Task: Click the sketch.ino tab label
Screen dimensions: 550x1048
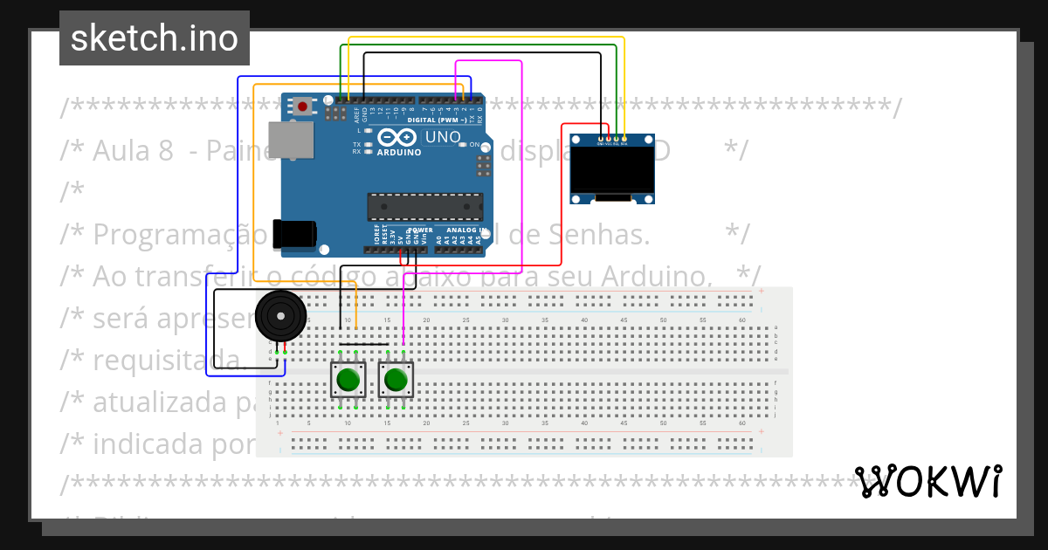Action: tap(155, 38)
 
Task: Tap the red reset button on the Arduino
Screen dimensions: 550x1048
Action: tap(302, 107)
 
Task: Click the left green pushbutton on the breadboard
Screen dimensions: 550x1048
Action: tap(348, 380)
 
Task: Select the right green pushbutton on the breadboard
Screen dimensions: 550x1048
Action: tap(396, 380)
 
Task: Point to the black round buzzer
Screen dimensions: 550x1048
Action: tap(281, 315)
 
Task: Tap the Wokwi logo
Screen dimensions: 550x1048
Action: tap(928, 481)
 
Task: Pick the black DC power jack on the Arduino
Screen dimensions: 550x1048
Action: tap(294, 235)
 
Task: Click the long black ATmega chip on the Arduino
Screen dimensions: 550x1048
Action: tap(424, 207)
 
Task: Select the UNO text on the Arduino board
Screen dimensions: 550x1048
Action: tap(443, 137)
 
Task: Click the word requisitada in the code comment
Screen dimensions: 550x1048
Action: tap(166, 360)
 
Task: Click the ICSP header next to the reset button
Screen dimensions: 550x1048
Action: tap(334, 113)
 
